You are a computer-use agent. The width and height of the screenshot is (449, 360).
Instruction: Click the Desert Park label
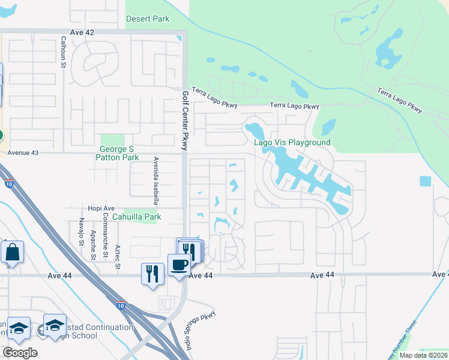pos(148,19)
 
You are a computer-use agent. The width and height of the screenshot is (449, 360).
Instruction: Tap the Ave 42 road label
pos(82,32)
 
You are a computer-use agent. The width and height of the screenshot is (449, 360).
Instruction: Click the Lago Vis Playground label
pos(292,142)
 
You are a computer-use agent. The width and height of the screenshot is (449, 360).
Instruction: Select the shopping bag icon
pos(12,253)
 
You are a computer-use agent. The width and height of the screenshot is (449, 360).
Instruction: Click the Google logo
pos(20,353)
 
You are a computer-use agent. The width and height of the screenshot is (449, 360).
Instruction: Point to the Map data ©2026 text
pos(423,355)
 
